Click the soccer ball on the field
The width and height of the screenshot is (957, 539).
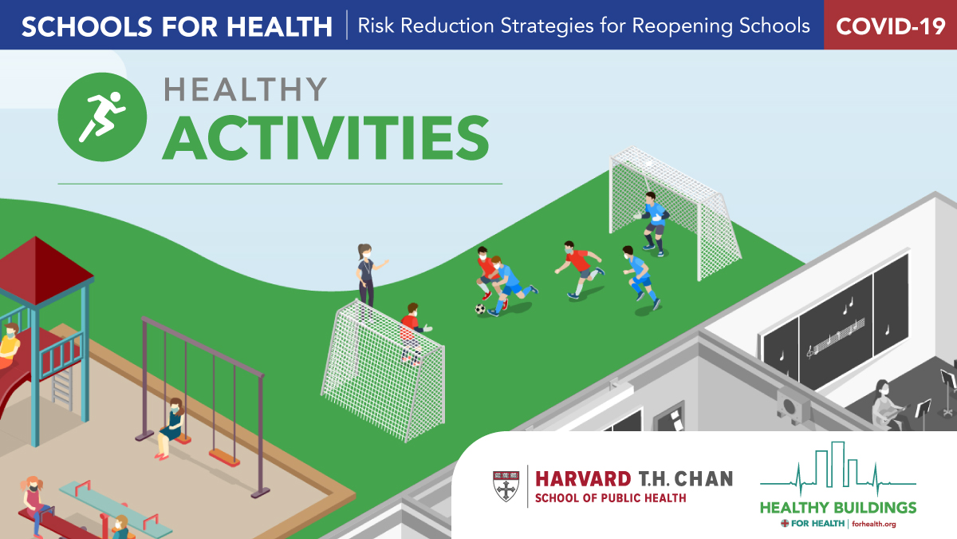pyautogui.click(x=481, y=308)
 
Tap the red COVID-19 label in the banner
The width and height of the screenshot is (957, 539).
pyautogui.click(x=890, y=26)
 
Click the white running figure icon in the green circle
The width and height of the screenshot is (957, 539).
pyautogui.click(x=102, y=117)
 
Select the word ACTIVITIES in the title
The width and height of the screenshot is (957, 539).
pyautogui.click(x=325, y=138)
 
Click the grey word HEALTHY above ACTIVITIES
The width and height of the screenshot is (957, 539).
pyautogui.click(x=246, y=89)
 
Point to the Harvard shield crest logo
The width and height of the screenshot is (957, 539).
pyautogui.click(x=506, y=486)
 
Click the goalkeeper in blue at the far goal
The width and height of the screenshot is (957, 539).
pyautogui.click(x=652, y=224)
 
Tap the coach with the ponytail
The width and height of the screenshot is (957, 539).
pyautogui.click(x=368, y=275)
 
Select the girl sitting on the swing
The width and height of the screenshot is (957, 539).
pyautogui.click(x=171, y=429)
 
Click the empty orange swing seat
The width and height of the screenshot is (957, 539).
pyautogui.click(x=224, y=458)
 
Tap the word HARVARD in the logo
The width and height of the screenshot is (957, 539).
pyautogui.click(x=583, y=479)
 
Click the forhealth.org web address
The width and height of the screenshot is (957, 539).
pyautogui.click(x=874, y=524)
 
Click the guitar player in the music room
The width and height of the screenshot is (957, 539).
pyautogui.click(x=888, y=404)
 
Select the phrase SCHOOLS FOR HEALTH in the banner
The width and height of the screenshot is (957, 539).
pyautogui.click(x=177, y=26)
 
